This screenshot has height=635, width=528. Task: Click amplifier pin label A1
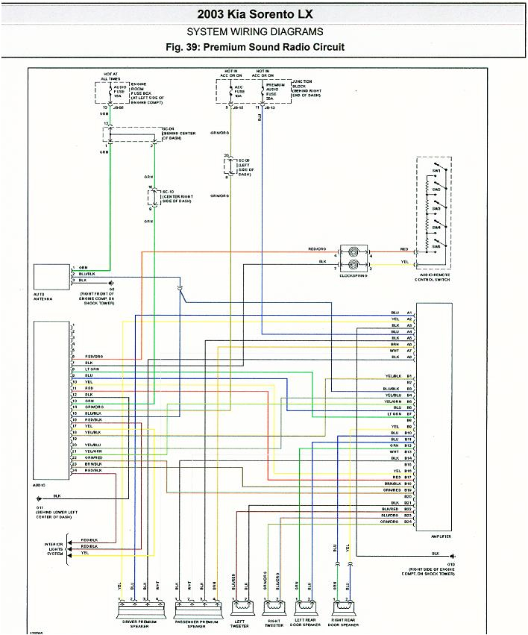(409, 312)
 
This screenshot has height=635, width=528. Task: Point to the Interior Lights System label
(55, 548)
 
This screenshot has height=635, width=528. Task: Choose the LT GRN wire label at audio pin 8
(92, 369)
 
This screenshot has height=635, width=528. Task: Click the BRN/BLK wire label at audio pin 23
(93, 464)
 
